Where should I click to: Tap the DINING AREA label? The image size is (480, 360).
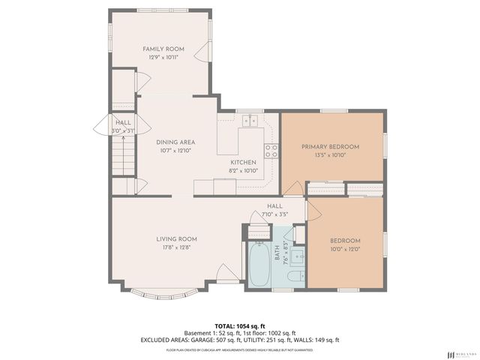(175, 142)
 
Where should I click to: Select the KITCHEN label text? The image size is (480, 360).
(244, 162)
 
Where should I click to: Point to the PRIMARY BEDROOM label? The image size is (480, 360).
(330, 146)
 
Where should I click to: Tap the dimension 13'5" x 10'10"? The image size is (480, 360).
(330, 154)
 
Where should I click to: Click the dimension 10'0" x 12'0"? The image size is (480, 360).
(345, 249)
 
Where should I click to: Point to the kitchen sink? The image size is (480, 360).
(249, 120)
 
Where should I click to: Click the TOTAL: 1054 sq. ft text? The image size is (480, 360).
(239, 325)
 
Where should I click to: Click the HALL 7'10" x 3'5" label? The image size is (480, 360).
(274, 210)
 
